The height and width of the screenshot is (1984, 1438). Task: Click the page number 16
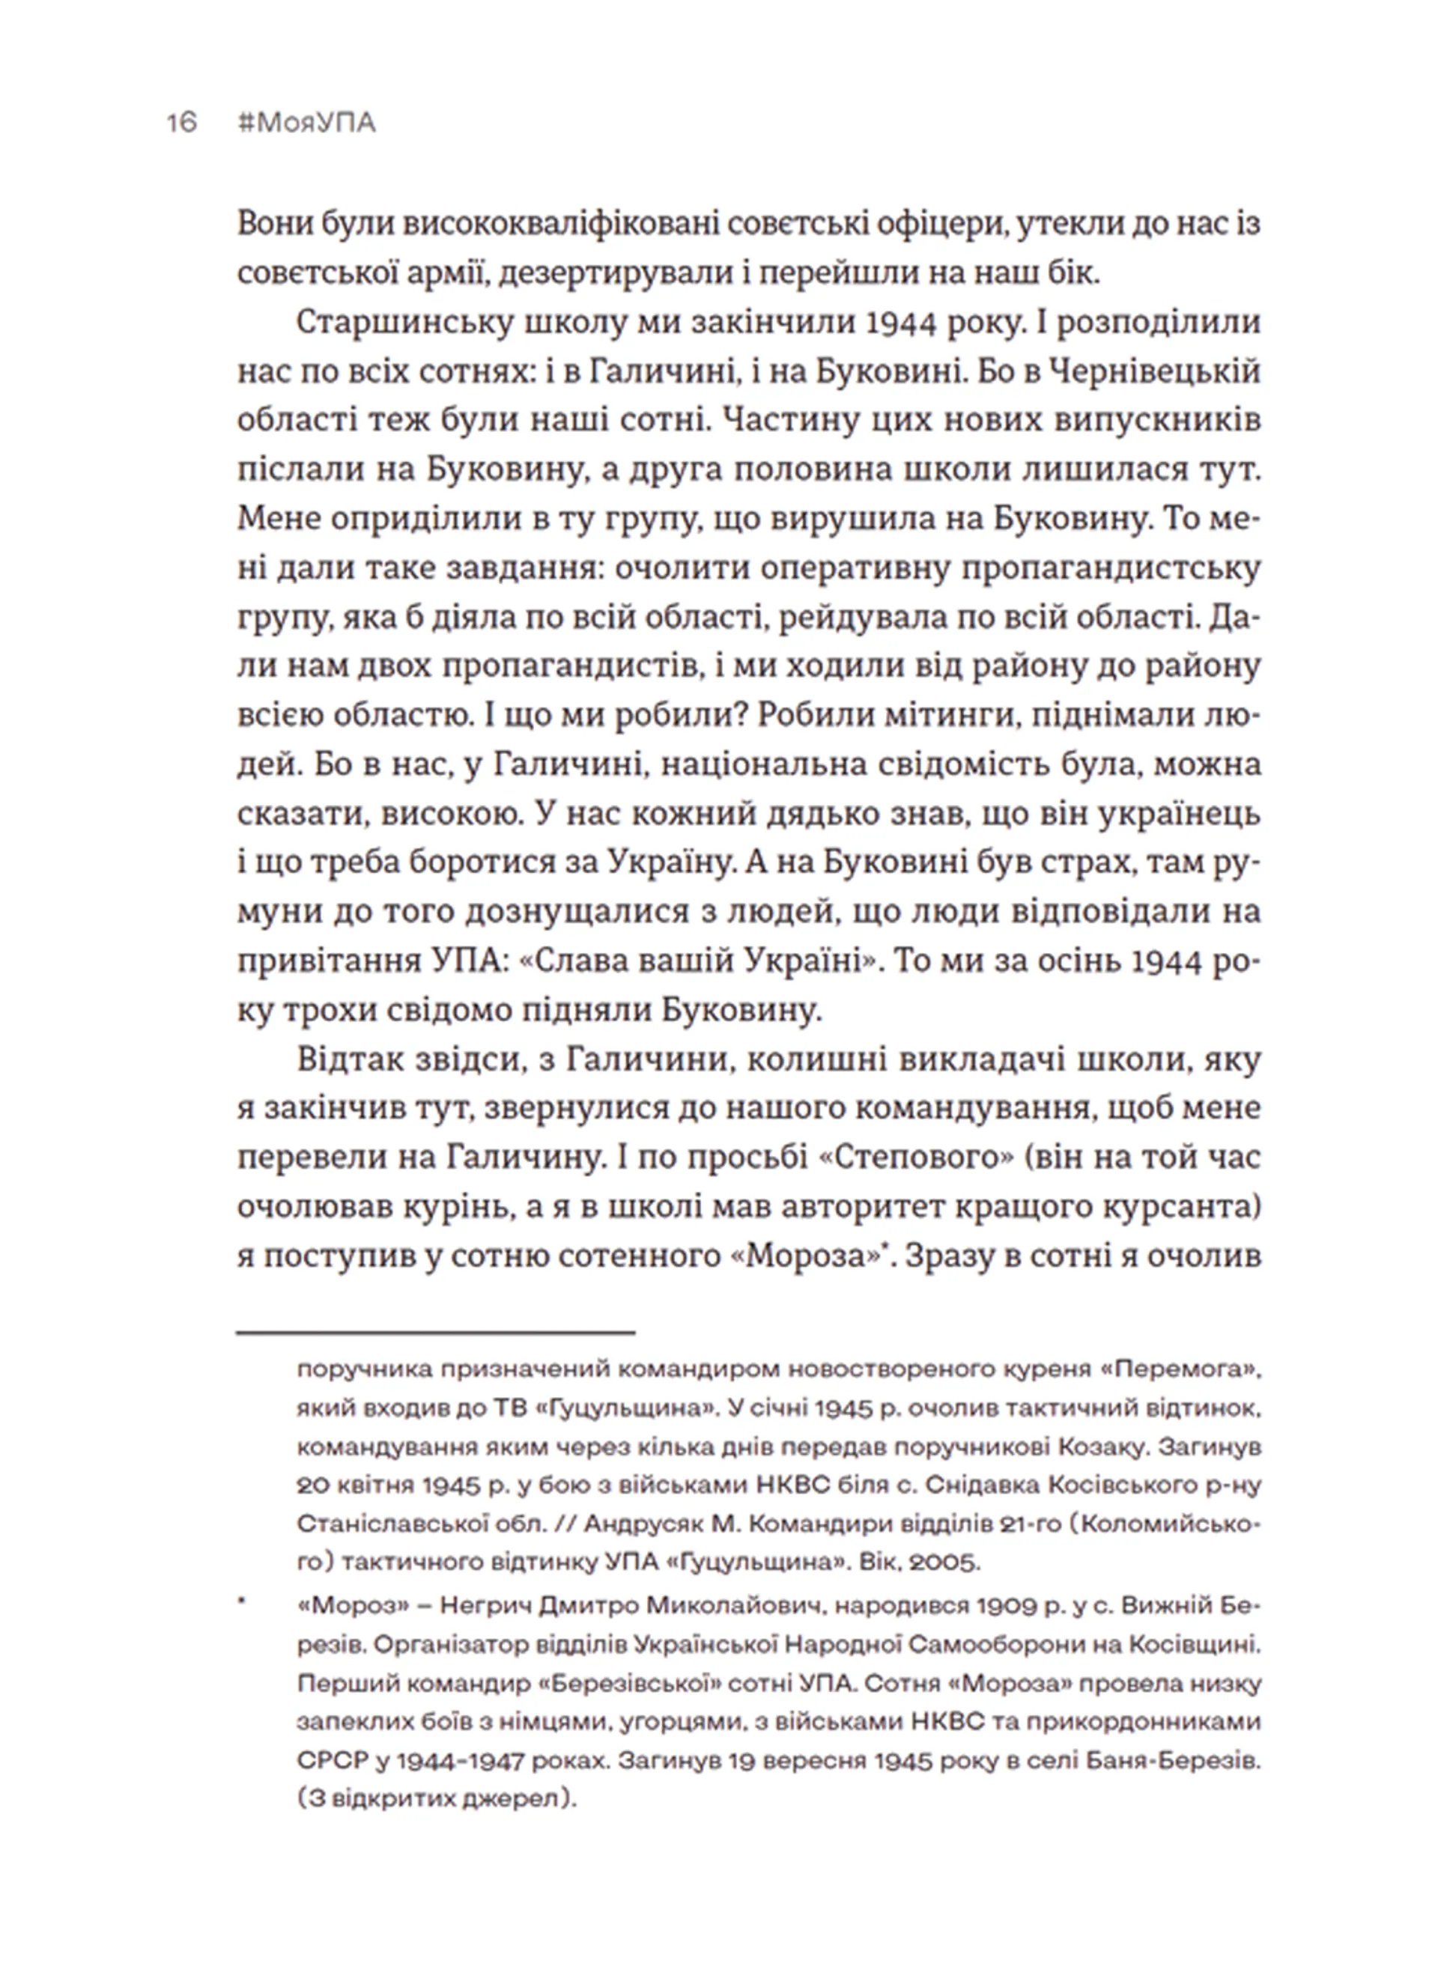[182, 124]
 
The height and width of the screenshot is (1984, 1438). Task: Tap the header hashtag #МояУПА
[306, 124]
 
